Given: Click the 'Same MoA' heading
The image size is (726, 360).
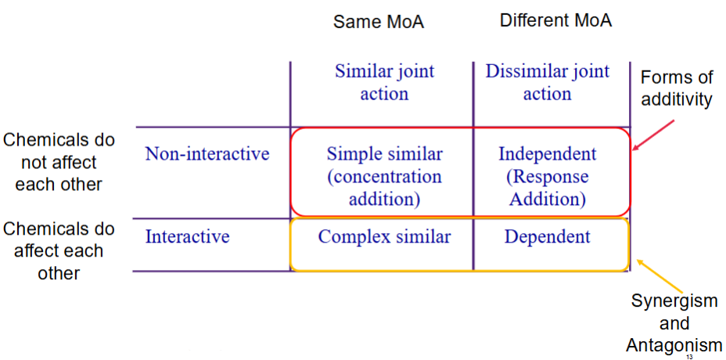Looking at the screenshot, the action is (379, 22).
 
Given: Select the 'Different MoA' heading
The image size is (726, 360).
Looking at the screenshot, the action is (555, 21).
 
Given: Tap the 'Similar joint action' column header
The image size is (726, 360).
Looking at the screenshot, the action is (384, 82).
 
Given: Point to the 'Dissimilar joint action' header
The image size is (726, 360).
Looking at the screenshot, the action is (548, 82).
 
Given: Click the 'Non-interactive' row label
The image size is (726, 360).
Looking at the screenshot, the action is (207, 153).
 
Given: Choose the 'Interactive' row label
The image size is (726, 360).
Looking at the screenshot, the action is (188, 236).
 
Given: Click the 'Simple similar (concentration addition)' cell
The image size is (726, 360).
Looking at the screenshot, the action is (384, 176).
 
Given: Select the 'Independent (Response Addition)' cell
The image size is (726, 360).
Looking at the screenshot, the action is (548, 176).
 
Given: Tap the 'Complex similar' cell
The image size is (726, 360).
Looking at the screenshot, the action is (384, 236).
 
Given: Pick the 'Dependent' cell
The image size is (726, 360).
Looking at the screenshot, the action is (548, 237).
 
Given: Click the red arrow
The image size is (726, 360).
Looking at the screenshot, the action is (655, 135).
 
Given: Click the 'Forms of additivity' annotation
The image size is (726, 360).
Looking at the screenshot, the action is (677, 88).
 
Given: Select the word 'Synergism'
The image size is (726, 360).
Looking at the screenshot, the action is (675, 301).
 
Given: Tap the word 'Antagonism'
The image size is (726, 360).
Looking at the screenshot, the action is (674, 344).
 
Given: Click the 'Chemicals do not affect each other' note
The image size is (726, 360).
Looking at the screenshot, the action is (59, 162).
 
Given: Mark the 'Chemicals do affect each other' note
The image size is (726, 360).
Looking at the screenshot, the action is (59, 250).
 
